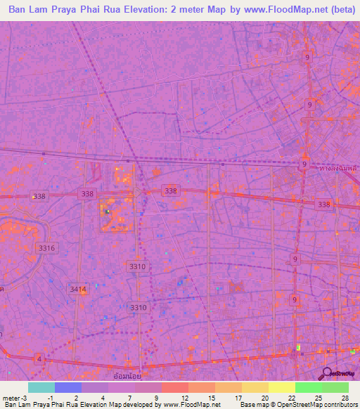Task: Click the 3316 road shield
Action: [x=46, y=248]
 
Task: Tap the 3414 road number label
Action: [x=78, y=289]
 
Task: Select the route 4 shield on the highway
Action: [x=39, y=359]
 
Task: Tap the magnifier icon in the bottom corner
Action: [x=328, y=373]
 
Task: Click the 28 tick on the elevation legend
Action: [x=344, y=397]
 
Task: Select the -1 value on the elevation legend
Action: [x=51, y=397]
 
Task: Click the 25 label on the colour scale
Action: [x=317, y=397]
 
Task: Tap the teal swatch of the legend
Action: [x=41, y=387]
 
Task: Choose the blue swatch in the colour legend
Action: [x=67, y=387]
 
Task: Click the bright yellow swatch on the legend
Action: [x=281, y=387]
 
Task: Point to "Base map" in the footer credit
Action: [x=254, y=405]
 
